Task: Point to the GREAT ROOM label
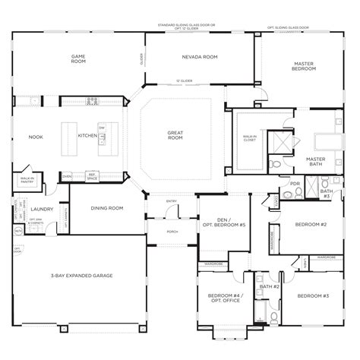point(176,134)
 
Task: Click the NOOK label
point(35,137)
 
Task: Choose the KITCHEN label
point(87,137)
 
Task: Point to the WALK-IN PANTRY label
point(27,181)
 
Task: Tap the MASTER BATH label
point(315,161)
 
